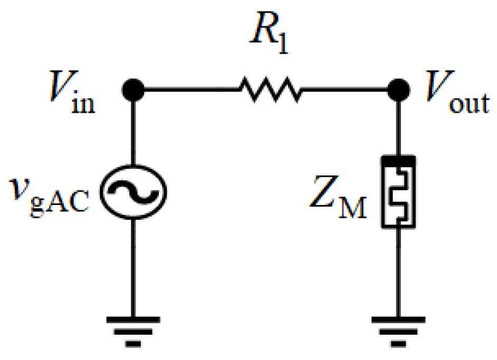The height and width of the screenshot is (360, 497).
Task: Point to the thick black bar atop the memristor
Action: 399,159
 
